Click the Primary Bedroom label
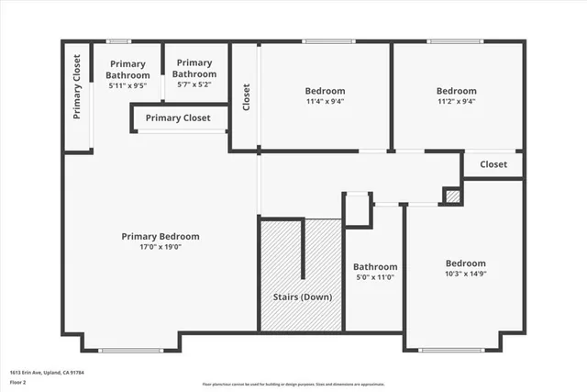pyautogui.click(x=161, y=236)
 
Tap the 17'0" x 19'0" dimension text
pyautogui.click(x=161, y=247)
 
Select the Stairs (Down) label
pyautogui.click(x=303, y=297)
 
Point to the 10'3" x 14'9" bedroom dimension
pyautogui.click(x=466, y=274)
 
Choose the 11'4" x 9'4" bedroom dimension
pyautogui.click(x=326, y=102)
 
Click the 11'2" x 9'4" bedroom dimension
pyautogui.click(x=456, y=102)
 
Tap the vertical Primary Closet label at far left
pyautogui.click(x=78, y=89)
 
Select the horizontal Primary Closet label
pyautogui.click(x=178, y=118)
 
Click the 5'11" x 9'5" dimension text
pyautogui.click(x=128, y=85)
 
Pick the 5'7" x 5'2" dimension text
pyautogui.click(x=194, y=84)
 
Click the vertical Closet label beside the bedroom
pyautogui.click(x=246, y=97)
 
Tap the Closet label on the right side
pyautogui.click(x=493, y=164)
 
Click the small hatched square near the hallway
pyautogui.click(x=451, y=196)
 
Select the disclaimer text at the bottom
pyautogui.click(x=293, y=384)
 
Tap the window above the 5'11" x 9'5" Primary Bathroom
pyautogui.click(x=118, y=41)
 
